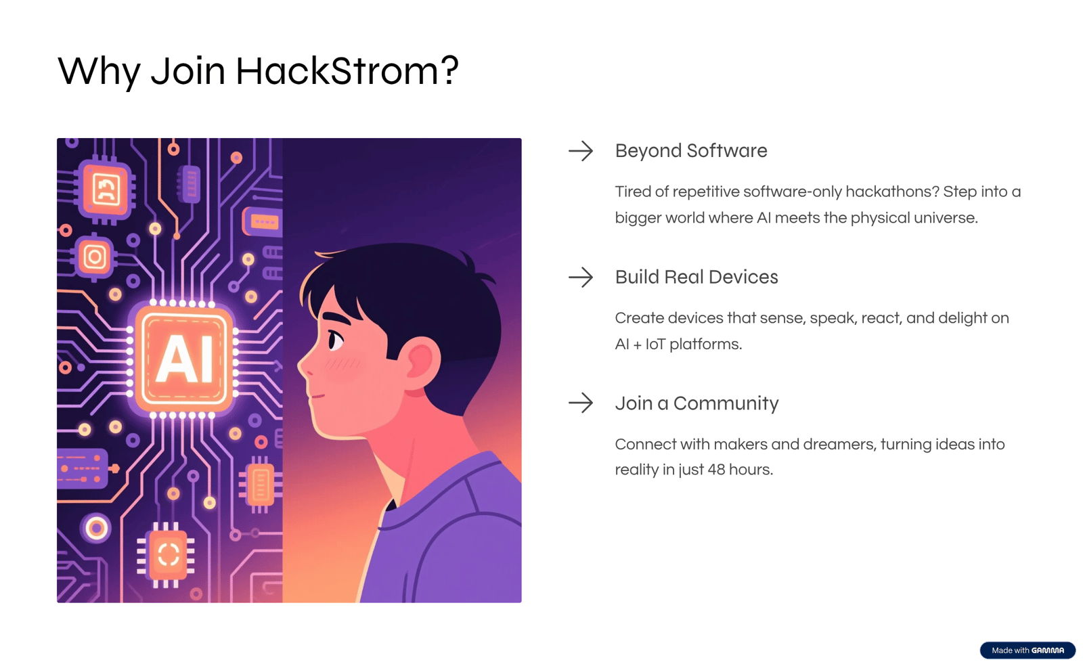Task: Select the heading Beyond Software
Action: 691,151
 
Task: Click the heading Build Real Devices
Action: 697,277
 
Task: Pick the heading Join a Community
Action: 697,403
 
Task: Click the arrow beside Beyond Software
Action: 581,151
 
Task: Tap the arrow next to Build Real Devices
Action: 581,277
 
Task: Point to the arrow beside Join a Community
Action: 581,403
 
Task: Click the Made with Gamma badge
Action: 1027,650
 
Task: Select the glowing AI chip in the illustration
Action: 183,359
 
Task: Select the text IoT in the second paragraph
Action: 655,344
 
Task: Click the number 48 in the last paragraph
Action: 716,470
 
